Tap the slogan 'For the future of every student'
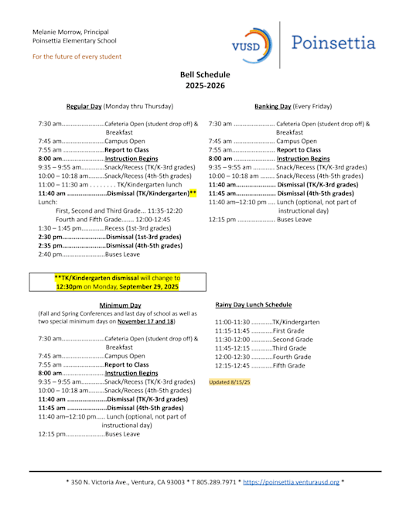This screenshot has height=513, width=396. (x=77, y=56)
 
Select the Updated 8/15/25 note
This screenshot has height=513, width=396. (x=230, y=382)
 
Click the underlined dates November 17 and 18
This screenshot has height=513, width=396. (x=145, y=321)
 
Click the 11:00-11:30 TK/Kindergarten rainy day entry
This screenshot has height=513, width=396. (x=267, y=322)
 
